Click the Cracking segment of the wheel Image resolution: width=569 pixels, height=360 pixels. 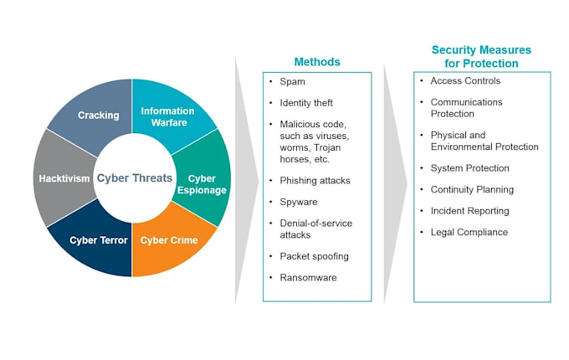pos(98,115)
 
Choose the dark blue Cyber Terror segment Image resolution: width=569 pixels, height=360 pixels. pos(98,241)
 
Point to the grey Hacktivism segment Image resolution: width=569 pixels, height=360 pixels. pos(64,178)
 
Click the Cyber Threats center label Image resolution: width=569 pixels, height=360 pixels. pos(133,177)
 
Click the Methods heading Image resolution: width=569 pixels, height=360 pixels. pos(316,62)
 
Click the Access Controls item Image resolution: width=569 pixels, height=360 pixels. pos(465,81)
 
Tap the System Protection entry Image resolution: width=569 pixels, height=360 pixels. pos(469,167)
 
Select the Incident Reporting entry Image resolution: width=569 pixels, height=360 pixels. pos(469,211)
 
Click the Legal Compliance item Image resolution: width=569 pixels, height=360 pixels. pos(469,232)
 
